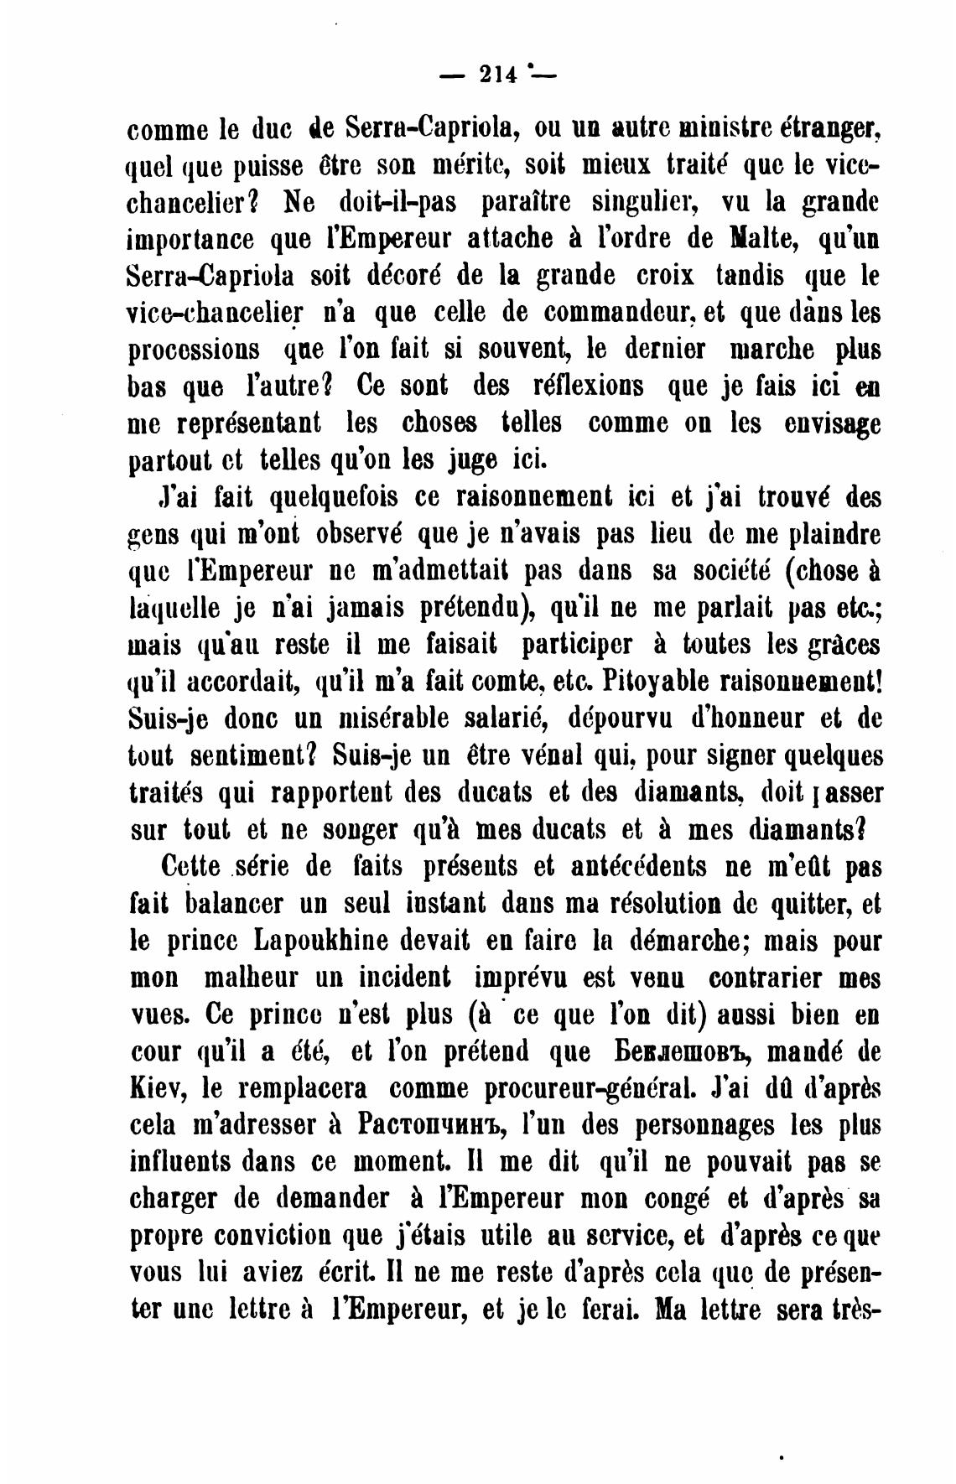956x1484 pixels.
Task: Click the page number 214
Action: pos(496,75)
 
